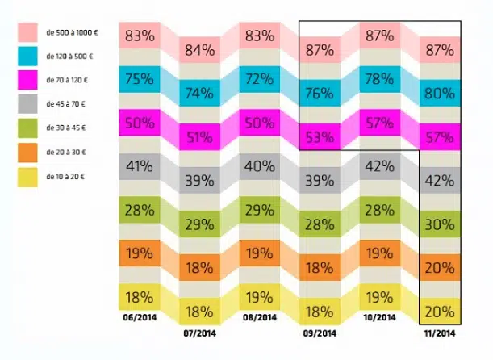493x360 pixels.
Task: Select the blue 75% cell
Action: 140,78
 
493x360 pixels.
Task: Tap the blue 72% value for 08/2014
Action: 261,78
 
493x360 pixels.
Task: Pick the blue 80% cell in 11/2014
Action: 439,93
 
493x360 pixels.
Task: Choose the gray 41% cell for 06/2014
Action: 140,167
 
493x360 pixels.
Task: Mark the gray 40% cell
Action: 261,167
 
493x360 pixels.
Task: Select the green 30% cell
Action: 439,224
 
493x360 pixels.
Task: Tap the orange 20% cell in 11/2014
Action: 439,268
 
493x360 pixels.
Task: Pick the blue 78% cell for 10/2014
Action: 379,78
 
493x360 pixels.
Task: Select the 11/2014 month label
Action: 439,332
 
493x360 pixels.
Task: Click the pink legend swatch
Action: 29,32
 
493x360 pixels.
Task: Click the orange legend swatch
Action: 29,151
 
